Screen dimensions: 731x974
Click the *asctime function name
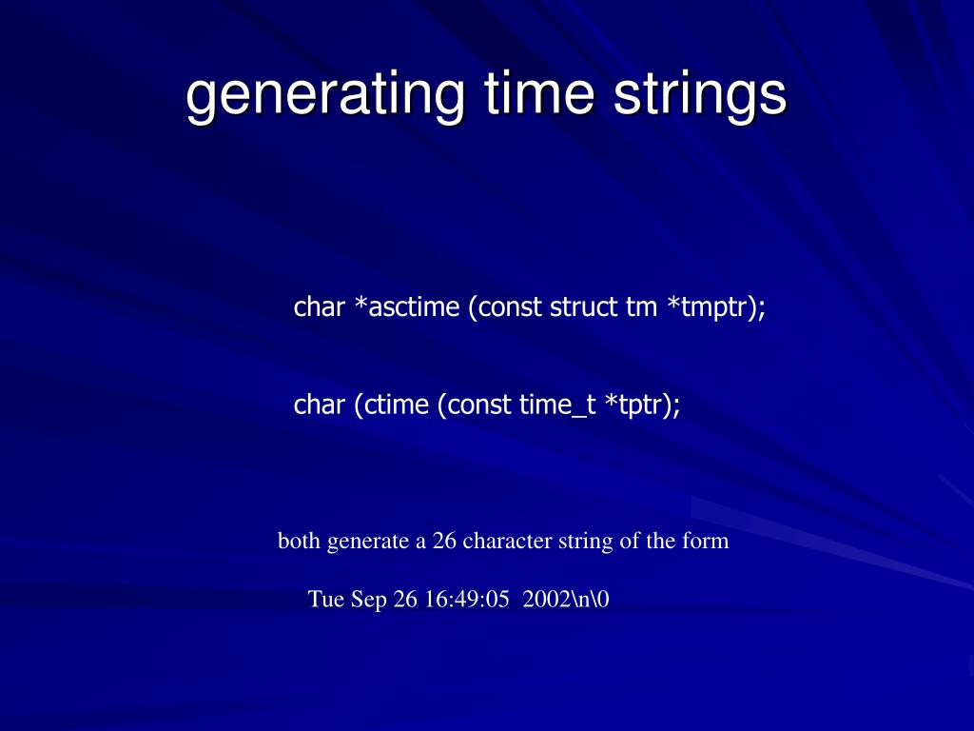405,307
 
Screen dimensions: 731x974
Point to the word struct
581,307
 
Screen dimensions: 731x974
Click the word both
300,542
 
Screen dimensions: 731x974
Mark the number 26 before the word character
444,542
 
